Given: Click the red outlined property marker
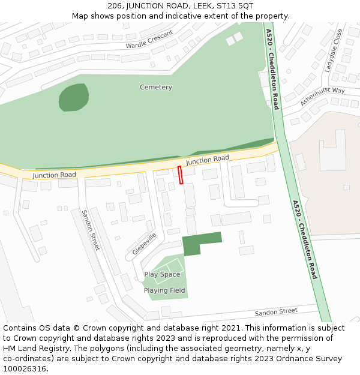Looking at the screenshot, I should coord(180,175).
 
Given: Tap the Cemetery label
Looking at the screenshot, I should coord(156,87).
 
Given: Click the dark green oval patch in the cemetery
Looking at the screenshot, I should coord(74,97).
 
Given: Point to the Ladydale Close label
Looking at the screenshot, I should coord(334,50).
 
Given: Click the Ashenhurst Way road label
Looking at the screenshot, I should coord(322,96).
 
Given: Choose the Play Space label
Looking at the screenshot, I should coord(162,275).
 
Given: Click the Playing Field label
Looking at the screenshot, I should coord(164,290).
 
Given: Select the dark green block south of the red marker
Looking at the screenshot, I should coord(200,242).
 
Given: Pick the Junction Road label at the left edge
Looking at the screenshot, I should coord(54,175).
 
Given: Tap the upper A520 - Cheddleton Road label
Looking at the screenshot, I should coord(272,69).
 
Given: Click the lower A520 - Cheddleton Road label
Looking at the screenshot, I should coord(305,240).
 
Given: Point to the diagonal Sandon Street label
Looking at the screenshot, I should coord(91,230).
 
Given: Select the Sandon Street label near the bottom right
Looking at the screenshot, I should coord(276,312).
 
